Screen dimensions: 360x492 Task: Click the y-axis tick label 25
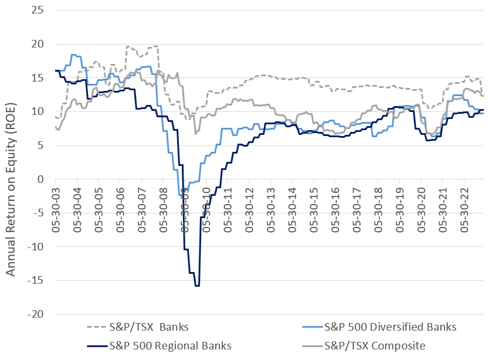point(38,10)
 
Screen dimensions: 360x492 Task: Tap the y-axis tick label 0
point(41,179)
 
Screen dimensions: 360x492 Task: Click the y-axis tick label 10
point(38,111)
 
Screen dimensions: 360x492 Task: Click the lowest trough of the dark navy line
point(198,286)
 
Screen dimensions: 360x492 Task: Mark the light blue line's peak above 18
point(74,55)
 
